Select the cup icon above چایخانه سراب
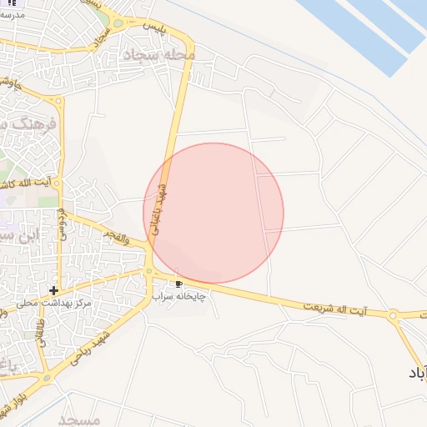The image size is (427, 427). click(178, 284)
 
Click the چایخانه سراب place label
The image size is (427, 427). click(178, 296)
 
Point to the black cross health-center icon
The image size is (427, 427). click(54, 290)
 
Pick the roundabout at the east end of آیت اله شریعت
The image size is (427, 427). click(393, 315)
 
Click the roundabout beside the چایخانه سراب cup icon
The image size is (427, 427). click(148, 272)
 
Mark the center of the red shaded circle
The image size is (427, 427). click(213, 213)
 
